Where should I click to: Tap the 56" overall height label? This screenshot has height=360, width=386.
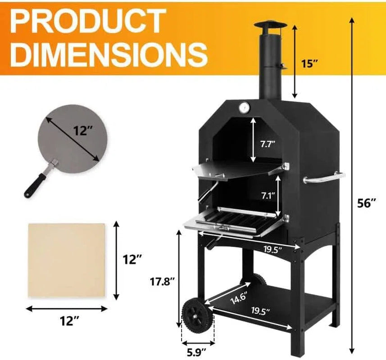pyautogui.click(x=367, y=203)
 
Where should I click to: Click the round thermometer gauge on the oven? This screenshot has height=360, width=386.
pyautogui.click(x=244, y=108)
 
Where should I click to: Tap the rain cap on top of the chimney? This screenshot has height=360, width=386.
pyautogui.click(x=268, y=26)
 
